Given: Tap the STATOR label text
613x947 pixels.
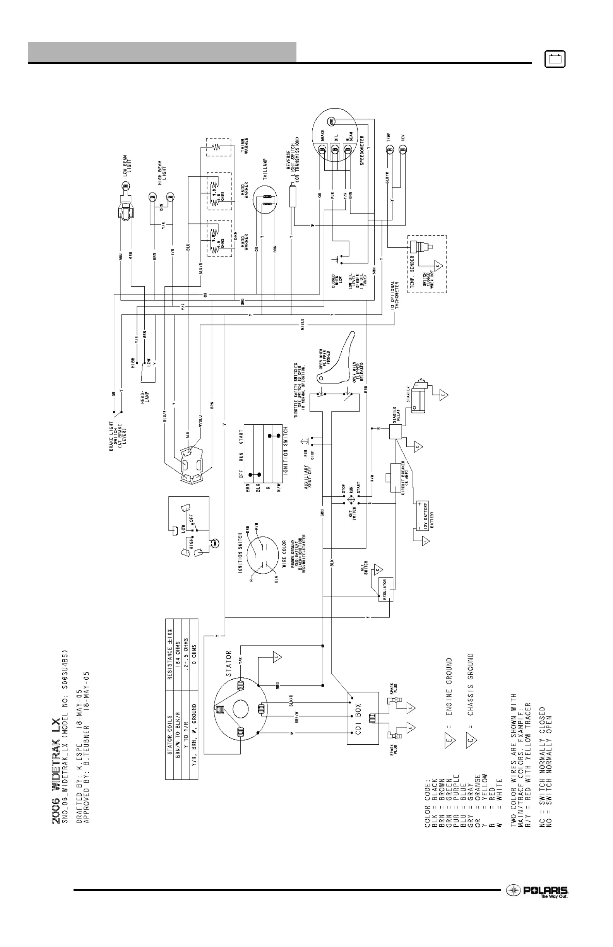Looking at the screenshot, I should pyautogui.click(x=228, y=664).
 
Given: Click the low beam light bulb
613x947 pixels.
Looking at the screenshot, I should pyautogui.click(x=125, y=185).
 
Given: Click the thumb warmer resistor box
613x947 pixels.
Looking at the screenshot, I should pyautogui.click(x=218, y=147).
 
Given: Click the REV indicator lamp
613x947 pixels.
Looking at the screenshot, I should pyautogui.click(x=403, y=150).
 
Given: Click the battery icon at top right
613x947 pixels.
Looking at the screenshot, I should pyautogui.click(x=555, y=59).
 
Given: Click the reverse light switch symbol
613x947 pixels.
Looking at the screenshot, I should pyautogui.click(x=294, y=195).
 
